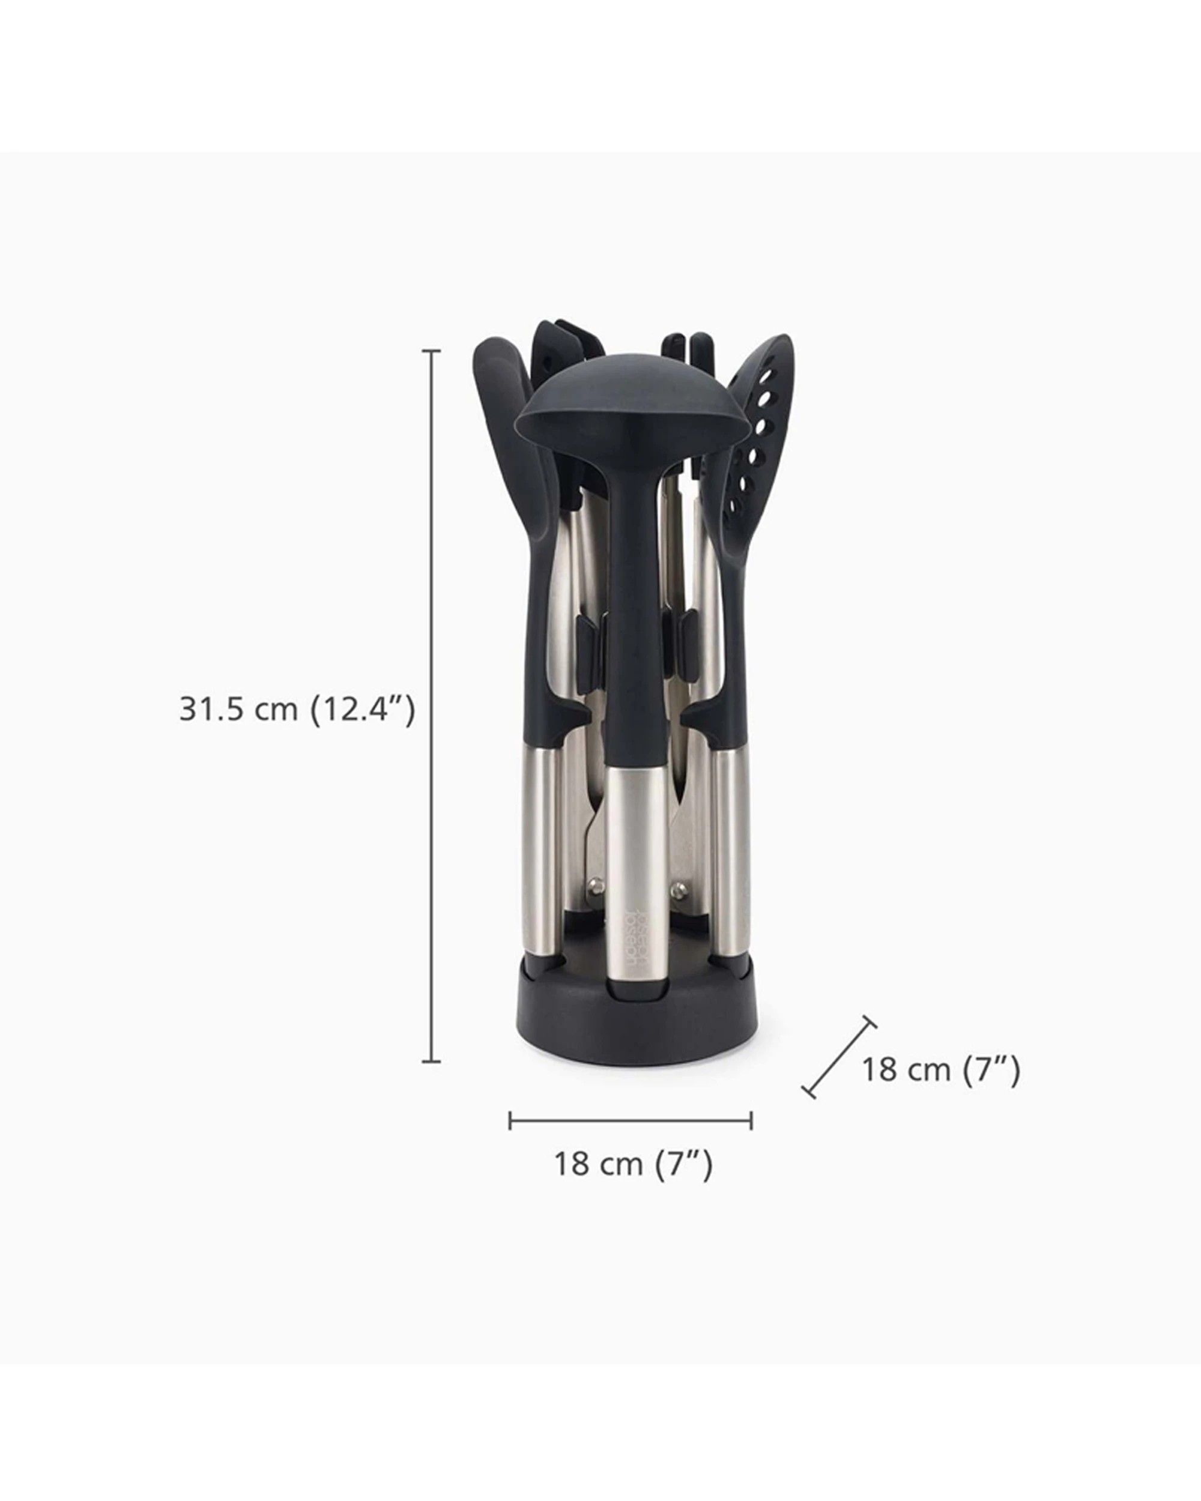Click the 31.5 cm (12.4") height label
point(297,710)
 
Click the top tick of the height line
point(432,352)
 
